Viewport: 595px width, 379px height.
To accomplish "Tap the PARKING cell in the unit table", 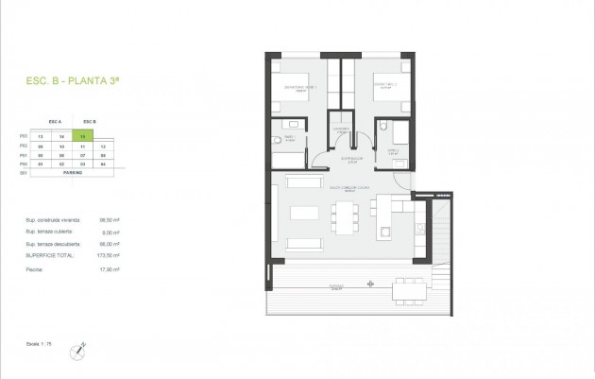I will point(72,173).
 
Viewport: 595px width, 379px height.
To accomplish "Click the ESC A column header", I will point(54,122).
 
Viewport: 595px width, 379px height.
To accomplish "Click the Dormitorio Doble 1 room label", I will point(299,87).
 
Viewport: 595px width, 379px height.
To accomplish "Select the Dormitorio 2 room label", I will point(383,86).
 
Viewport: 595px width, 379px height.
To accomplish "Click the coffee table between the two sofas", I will point(304,213).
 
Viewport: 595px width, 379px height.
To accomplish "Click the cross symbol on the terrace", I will point(372,283).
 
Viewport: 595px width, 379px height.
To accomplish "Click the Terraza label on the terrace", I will point(334,284).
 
